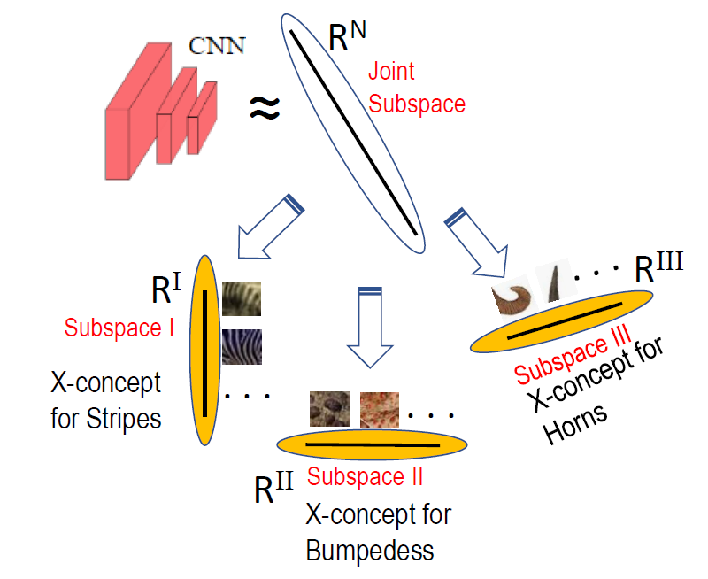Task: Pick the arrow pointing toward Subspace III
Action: coord(479,238)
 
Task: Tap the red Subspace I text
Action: coord(119,328)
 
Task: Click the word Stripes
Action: coord(124,417)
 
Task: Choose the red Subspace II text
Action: coord(365,476)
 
